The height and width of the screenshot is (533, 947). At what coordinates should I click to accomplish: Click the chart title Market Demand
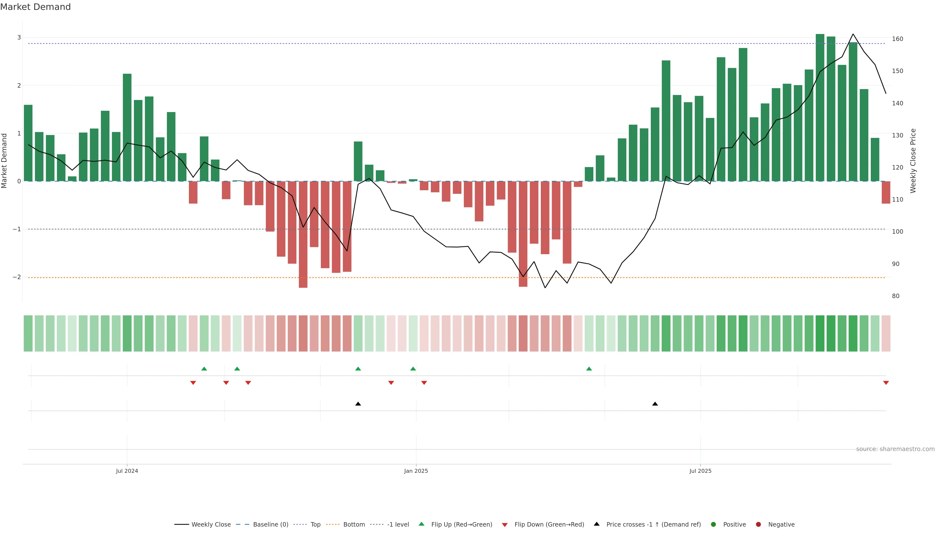click(x=35, y=7)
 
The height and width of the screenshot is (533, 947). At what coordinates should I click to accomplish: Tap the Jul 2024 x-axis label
click(x=127, y=471)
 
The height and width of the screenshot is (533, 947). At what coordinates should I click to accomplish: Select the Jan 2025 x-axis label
click(x=416, y=471)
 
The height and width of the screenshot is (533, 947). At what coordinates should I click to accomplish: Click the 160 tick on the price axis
click(x=897, y=39)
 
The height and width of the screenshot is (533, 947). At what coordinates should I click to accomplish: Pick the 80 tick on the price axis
click(x=895, y=296)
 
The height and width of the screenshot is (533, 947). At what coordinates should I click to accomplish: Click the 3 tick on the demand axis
click(x=19, y=38)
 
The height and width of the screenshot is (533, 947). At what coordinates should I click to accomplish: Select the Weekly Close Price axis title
click(x=913, y=161)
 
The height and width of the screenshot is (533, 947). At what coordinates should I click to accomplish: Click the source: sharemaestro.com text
click(x=895, y=449)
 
